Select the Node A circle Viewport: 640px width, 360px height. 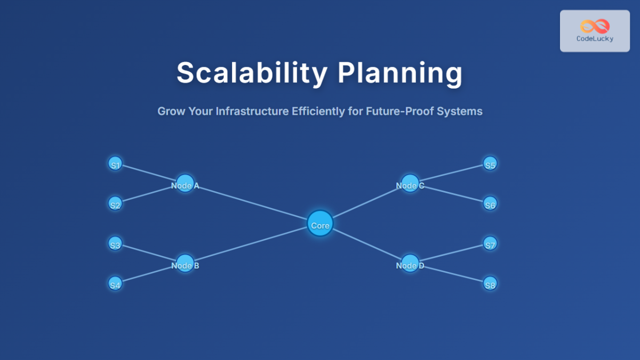coord(185,183)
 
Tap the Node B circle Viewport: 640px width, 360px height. coord(185,263)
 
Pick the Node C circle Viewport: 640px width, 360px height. coord(410,183)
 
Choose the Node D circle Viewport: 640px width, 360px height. coord(410,263)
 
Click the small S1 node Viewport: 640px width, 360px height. coord(115,164)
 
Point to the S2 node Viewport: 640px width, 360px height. coord(115,203)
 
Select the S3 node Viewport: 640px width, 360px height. coord(115,244)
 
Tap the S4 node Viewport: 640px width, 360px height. coord(115,283)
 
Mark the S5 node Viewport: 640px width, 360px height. coord(490,164)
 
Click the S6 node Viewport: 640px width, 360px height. coord(490,203)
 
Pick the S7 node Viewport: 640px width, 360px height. coord(490,244)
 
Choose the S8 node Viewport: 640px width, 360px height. coord(490,283)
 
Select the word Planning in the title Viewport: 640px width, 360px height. coord(399,73)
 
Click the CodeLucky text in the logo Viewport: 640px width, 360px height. coord(595,39)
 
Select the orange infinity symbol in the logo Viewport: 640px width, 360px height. coord(595,26)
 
